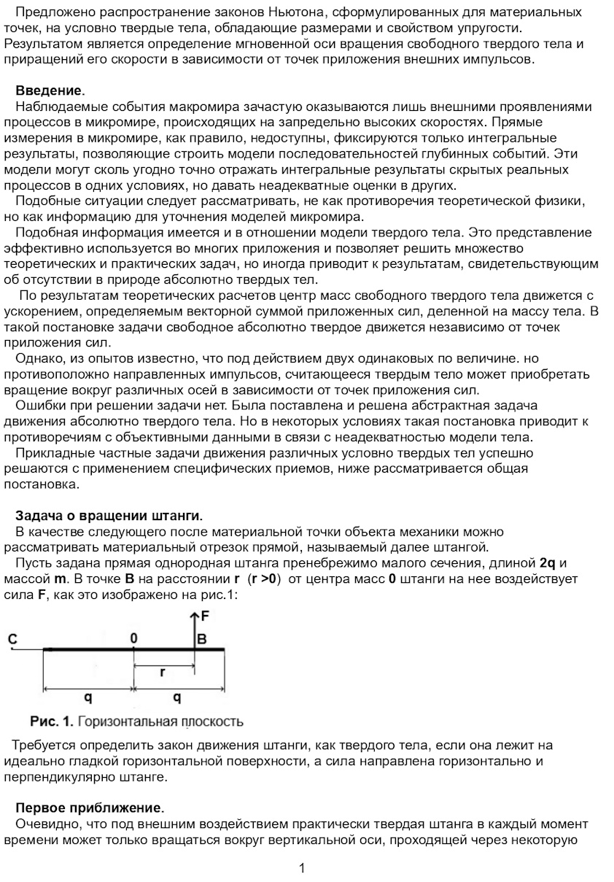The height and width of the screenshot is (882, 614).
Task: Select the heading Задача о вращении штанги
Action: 109,516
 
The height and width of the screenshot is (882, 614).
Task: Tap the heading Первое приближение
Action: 89,808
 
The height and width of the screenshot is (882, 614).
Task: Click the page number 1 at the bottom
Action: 302,868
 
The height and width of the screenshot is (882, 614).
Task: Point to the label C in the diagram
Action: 12,639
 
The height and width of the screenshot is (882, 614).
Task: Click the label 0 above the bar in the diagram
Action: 134,638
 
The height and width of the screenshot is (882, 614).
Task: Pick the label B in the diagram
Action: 202,640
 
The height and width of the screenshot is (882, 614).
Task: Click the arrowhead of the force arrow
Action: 194,617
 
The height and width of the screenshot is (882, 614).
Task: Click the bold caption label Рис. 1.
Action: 51,722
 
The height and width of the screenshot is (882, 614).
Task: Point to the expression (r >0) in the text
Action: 264,579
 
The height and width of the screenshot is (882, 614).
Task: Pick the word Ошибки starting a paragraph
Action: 40,406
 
